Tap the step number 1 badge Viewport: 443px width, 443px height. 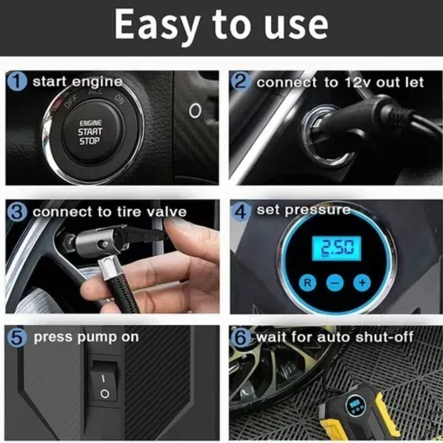pyautogui.click(x=17, y=81)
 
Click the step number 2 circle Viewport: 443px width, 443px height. pyautogui.click(x=241, y=82)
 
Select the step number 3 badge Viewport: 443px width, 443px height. pyautogui.click(x=17, y=212)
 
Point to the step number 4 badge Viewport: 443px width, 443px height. pyautogui.click(x=241, y=212)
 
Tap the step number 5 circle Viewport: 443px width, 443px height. pyautogui.click(x=17, y=338)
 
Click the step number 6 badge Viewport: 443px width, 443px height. pyautogui.click(x=241, y=338)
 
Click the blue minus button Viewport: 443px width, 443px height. pyautogui.click(x=335, y=283)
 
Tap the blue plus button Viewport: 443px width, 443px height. pyautogui.click(x=362, y=283)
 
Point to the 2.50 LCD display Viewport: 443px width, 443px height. pyautogui.click(x=336, y=248)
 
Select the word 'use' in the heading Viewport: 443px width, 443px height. pyautogui.click(x=295, y=27)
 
